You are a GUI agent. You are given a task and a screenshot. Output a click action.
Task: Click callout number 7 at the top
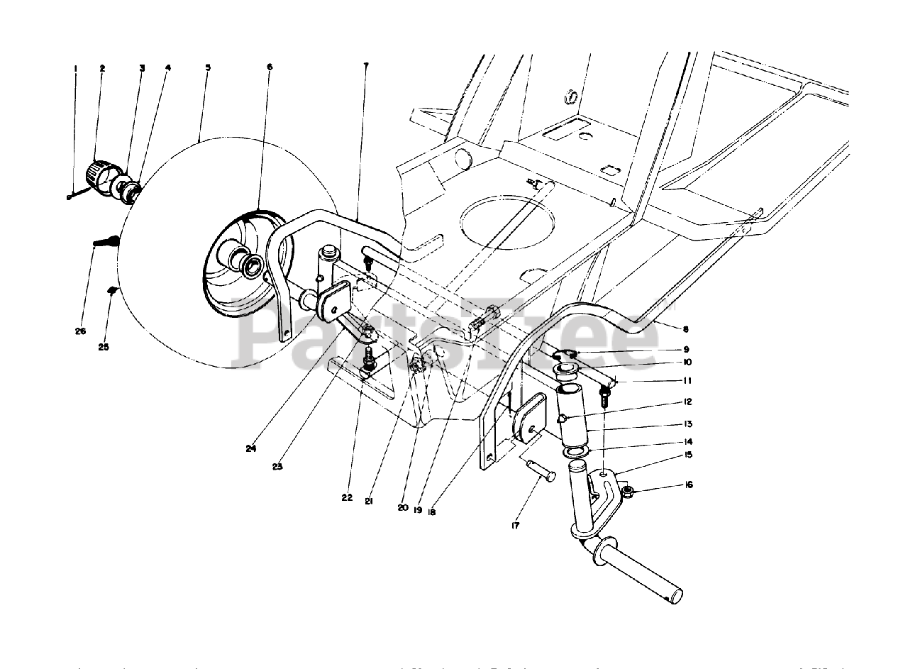click(365, 66)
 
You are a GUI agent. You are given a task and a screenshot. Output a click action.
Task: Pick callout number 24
click(250, 448)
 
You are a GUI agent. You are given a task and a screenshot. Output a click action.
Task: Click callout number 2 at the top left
click(102, 68)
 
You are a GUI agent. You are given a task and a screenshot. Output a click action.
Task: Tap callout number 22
click(346, 497)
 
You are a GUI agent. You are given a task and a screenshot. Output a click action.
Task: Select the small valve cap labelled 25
click(112, 289)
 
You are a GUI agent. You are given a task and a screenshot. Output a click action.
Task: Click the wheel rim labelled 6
click(241, 262)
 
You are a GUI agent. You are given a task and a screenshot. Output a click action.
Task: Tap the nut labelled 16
click(627, 491)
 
